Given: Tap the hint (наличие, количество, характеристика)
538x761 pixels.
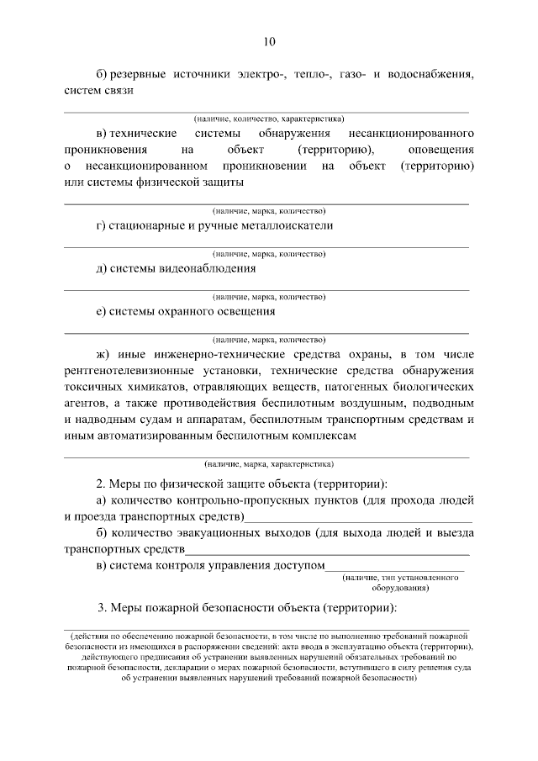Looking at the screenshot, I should tap(268, 119).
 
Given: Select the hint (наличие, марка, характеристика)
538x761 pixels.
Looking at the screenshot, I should tap(268, 463).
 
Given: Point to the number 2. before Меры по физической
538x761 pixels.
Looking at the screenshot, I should tap(102, 485).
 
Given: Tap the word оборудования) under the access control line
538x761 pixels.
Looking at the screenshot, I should tap(403, 587).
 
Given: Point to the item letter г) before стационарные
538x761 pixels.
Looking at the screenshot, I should tap(102, 225).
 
